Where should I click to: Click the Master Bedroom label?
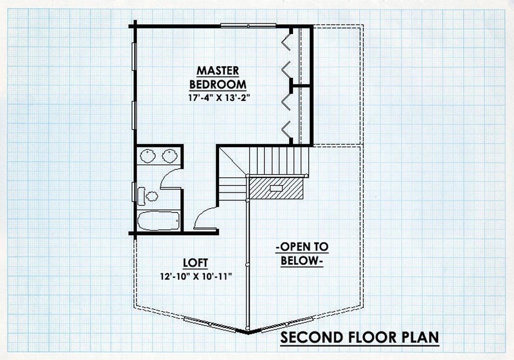(218, 78)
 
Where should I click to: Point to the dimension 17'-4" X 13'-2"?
(217, 98)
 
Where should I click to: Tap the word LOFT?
(196, 263)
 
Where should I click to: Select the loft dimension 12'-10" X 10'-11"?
(196, 277)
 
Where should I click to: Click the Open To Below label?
(302, 254)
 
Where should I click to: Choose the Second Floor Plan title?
(359, 337)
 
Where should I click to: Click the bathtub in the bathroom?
(158, 221)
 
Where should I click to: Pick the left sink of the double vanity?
(148, 156)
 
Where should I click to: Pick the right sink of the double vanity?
(170, 156)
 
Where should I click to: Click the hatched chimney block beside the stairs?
(276, 188)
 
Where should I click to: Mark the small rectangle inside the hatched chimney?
(276, 188)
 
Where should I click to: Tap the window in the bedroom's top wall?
(248, 26)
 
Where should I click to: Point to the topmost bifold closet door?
(286, 42)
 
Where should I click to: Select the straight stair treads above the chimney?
(279, 160)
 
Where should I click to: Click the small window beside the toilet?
(134, 192)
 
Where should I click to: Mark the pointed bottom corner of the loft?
(248, 333)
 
